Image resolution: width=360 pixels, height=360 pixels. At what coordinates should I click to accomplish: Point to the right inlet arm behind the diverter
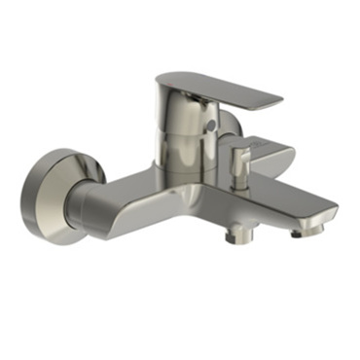click(272, 156)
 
